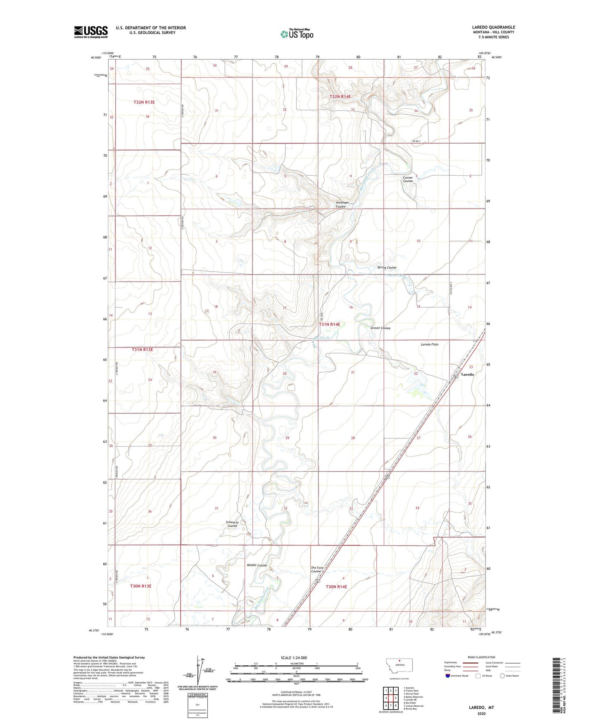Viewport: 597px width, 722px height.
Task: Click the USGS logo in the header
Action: click(x=90, y=32)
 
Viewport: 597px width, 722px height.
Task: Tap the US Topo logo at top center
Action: click(x=297, y=34)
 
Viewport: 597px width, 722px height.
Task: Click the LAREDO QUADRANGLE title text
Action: click(x=493, y=27)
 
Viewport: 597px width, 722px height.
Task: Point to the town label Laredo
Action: click(x=467, y=374)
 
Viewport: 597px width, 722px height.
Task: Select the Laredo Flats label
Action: click(x=430, y=344)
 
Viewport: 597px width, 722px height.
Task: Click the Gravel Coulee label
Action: click(x=380, y=328)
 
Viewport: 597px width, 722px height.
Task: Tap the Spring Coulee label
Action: click(x=387, y=268)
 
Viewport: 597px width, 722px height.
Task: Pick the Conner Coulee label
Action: click(x=408, y=179)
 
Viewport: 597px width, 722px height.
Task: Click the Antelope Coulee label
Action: click(x=341, y=204)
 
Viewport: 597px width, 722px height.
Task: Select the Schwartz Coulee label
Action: click(x=232, y=524)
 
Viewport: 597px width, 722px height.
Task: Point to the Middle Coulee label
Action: click(x=257, y=565)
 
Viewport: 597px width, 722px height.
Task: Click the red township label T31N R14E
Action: click(x=329, y=325)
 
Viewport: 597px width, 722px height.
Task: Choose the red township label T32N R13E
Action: click(x=144, y=102)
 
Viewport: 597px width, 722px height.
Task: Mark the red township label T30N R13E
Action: click(x=141, y=586)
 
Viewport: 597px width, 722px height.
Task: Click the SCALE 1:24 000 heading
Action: click(x=294, y=657)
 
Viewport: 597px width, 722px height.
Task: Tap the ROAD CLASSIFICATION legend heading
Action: click(x=481, y=657)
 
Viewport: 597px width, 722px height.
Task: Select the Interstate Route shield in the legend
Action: click(x=448, y=676)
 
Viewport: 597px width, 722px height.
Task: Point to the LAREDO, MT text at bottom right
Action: click(x=481, y=708)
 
